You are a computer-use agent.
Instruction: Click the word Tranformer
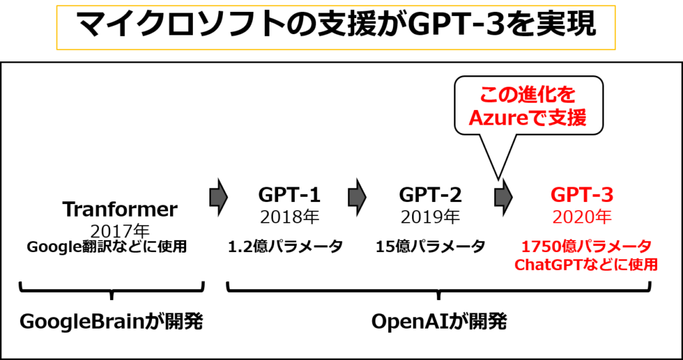coord(120,209)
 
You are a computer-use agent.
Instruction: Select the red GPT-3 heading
coord(582,195)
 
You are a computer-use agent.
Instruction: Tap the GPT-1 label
coord(289,195)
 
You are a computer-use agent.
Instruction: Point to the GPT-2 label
coord(430,195)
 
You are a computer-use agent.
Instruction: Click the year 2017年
coord(120,231)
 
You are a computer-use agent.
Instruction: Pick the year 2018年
coord(289,217)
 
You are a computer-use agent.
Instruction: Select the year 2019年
coord(430,217)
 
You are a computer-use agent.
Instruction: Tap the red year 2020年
coord(582,217)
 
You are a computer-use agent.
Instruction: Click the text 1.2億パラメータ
coord(285,247)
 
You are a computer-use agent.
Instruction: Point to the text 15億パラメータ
coord(430,247)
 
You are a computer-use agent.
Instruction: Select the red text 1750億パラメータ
coord(586,247)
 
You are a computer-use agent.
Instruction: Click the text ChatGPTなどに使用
coord(586,264)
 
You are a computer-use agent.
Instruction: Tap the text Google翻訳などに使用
coord(107,247)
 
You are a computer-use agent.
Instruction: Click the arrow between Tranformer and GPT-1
coord(219,197)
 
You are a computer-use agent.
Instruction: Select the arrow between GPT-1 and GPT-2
coord(358,197)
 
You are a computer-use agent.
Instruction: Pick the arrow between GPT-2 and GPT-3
coord(503,197)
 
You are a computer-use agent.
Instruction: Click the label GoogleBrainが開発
coord(111,322)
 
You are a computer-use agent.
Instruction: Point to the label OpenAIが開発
coord(439,322)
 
